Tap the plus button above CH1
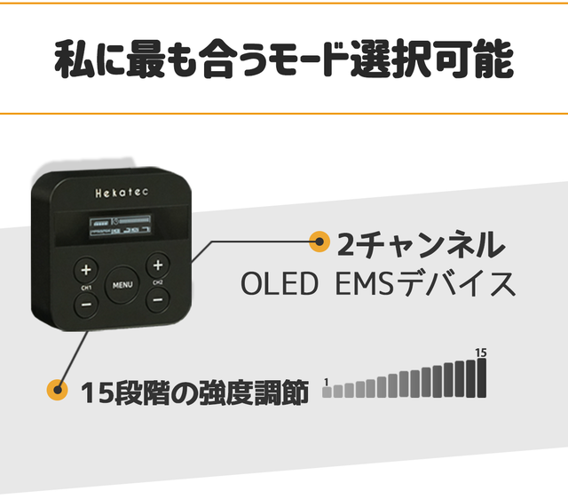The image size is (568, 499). coord(86,269)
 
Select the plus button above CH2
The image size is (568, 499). coord(157,265)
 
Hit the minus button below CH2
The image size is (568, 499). coord(157,299)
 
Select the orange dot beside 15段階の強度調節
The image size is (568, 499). coord(58,390)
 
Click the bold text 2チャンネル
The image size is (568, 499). coord(422,242)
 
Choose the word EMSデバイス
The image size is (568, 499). coord(427,284)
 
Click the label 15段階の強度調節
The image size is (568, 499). coord(194,392)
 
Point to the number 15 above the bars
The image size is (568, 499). coord(481,352)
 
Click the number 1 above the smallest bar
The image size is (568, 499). coord(327,383)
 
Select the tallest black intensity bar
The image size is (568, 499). coord(482,377)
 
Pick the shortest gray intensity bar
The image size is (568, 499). coord(327,392)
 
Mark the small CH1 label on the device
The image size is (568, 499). coord(86,288)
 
